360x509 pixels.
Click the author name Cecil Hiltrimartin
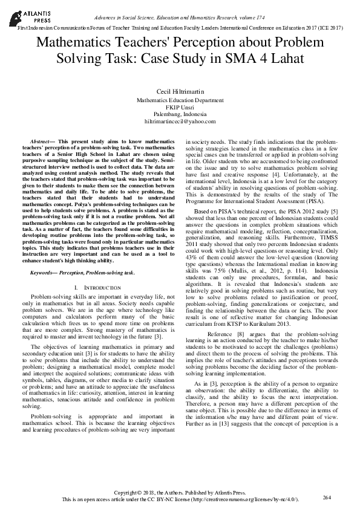180,90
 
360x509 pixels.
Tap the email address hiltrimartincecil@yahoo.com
180,122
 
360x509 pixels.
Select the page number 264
327,497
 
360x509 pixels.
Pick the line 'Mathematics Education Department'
180,100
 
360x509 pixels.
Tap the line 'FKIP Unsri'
180,107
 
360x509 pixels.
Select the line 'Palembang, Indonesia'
180,114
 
